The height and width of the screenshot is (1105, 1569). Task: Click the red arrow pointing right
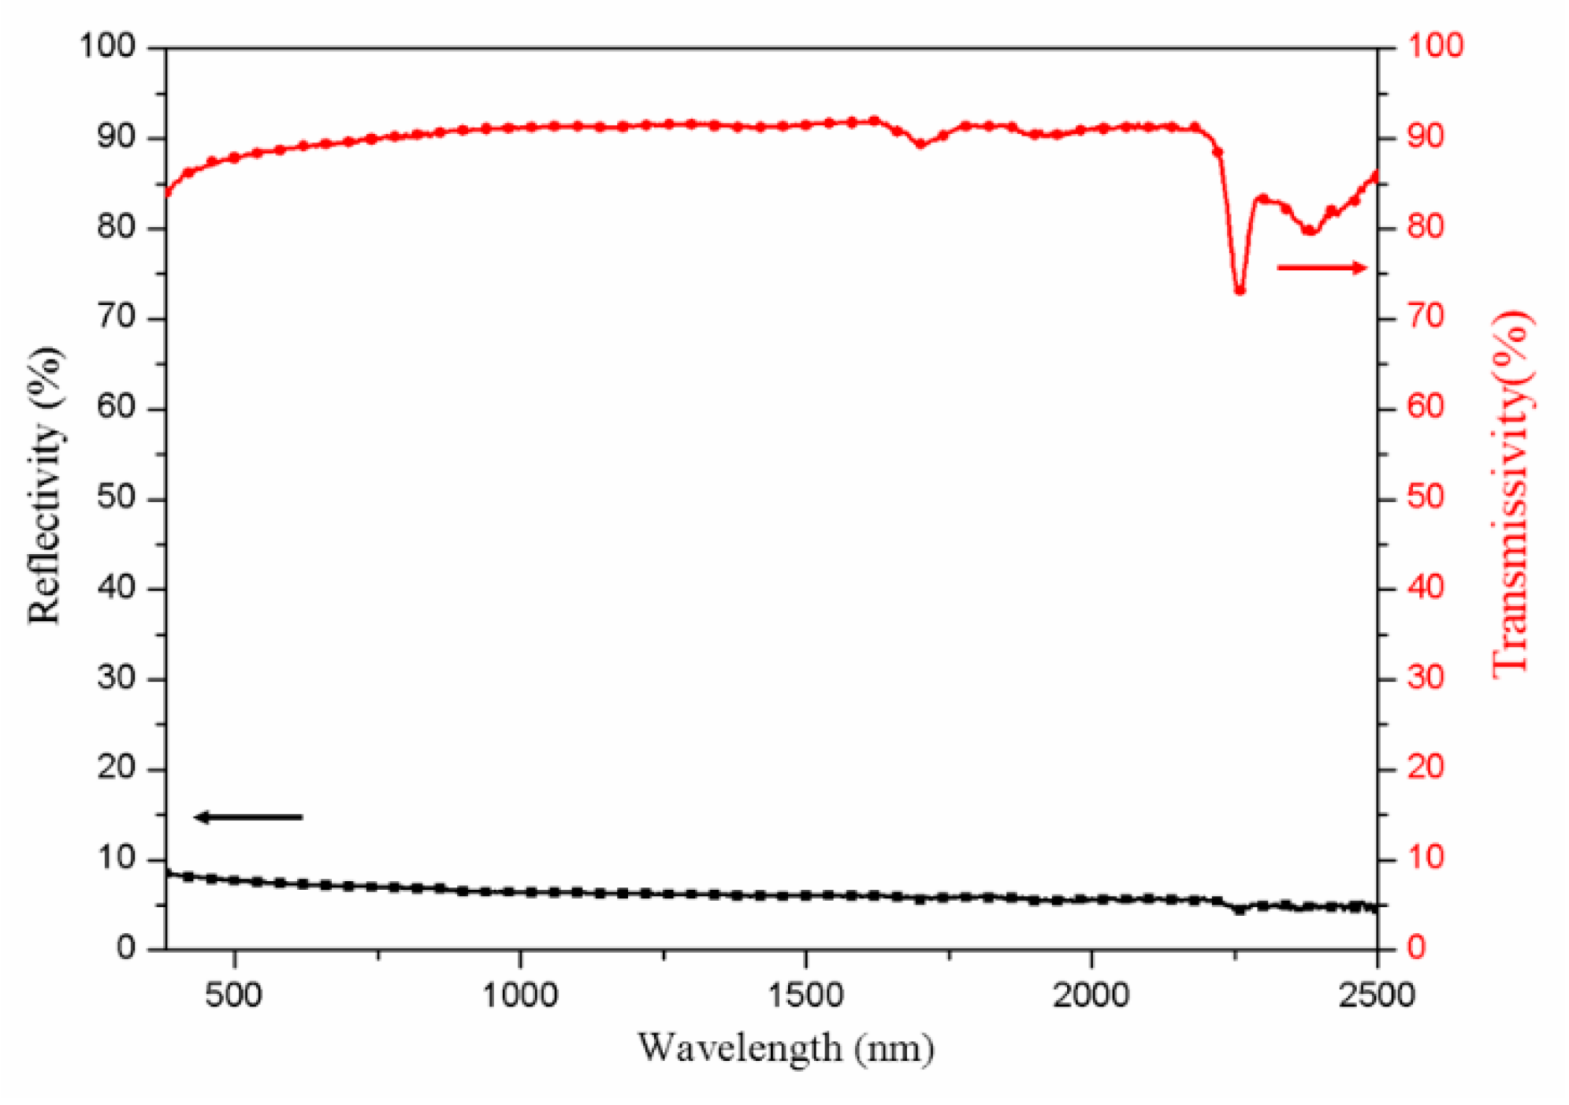[1322, 268]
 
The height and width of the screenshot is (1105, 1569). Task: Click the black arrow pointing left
[248, 817]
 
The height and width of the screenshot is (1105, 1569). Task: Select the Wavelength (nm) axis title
[786, 1049]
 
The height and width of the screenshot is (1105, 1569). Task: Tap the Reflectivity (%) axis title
[44, 486]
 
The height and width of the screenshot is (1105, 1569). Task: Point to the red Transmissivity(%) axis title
[1511, 493]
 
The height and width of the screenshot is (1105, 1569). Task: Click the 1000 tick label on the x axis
[520, 995]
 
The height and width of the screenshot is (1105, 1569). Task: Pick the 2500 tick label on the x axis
[1377, 995]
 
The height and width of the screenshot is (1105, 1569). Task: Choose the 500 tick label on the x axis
[234, 995]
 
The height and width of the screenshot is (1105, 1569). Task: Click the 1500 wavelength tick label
[806, 995]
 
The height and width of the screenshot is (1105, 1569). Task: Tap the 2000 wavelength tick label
[1091, 995]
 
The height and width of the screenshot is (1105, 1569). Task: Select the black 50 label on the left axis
[117, 498]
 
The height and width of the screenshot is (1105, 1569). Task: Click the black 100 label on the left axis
[108, 46]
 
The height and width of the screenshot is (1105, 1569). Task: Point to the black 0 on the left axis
[126, 948]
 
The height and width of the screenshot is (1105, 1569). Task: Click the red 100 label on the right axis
[1435, 46]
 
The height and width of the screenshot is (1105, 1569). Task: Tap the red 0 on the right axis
[1417, 948]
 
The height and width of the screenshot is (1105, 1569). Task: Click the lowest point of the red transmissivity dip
[1240, 290]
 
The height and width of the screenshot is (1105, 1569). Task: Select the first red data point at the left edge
[167, 192]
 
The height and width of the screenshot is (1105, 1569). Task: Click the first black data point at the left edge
[168, 873]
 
